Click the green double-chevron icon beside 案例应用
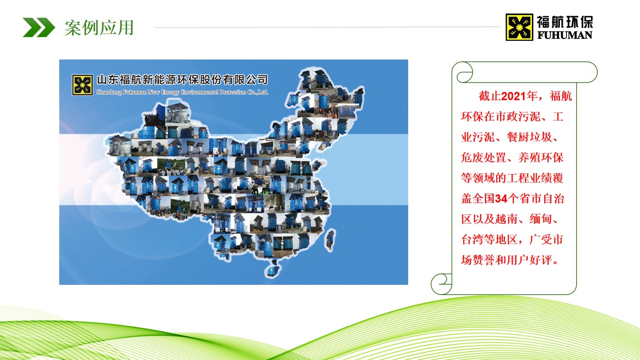pyautogui.click(x=39, y=28)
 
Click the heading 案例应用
pyautogui.click(x=99, y=28)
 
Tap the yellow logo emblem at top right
pyautogui.click(x=519, y=27)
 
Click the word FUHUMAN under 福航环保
pyautogui.click(x=565, y=35)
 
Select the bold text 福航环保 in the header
pyautogui.click(x=565, y=21)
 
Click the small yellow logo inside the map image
pyautogui.click(x=82, y=85)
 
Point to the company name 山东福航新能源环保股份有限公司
pyautogui.click(x=182, y=80)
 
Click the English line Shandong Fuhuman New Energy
pyautogui.click(x=182, y=92)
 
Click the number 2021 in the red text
pyautogui.click(x=513, y=96)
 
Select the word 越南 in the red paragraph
pyautogui.click(x=512, y=219)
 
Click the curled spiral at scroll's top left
pyautogui.click(x=463, y=73)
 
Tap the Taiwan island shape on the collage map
pyautogui.click(x=330, y=240)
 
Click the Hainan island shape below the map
pyautogui.click(x=272, y=268)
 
